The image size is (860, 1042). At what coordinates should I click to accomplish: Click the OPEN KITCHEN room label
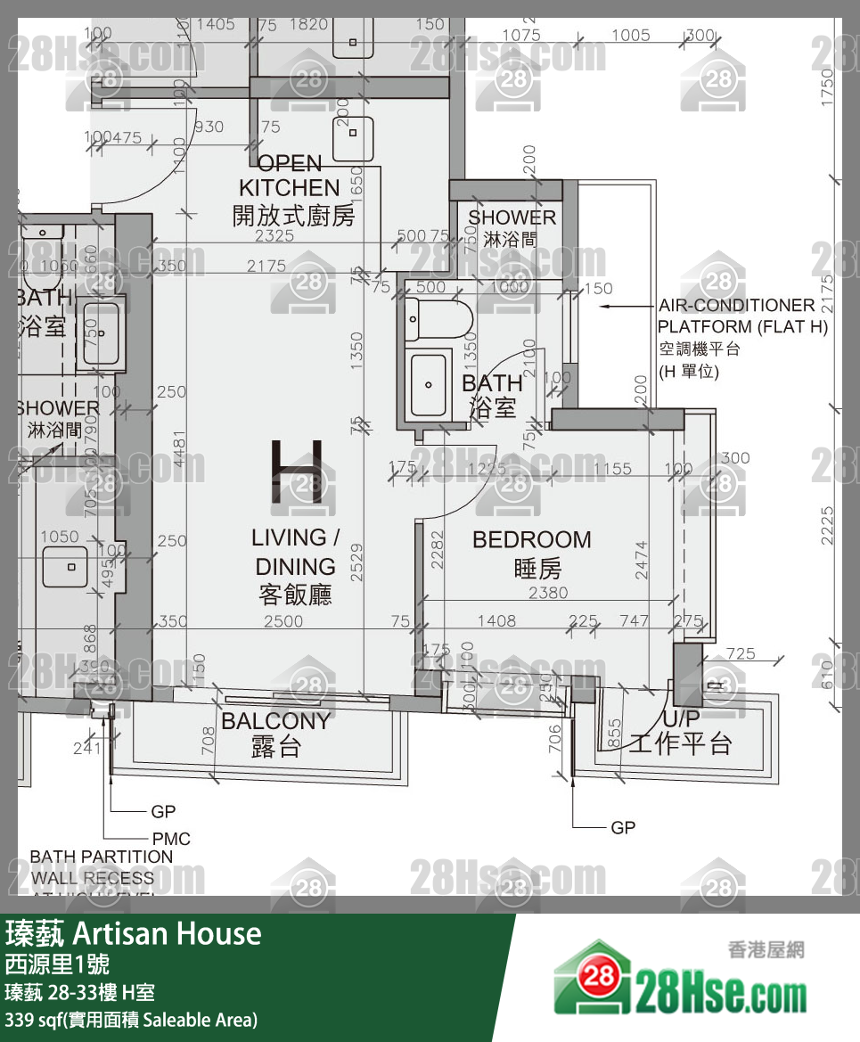click(x=289, y=189)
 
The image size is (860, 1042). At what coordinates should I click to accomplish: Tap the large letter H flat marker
click(x=297, y=472)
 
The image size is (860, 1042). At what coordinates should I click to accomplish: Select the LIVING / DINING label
click(x=295, y=565)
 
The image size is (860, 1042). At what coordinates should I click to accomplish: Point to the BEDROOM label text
click(x=531, y=553)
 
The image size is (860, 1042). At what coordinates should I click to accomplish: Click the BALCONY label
click(x=275, y=733)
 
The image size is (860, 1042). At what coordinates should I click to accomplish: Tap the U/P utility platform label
click(x=680, y=732)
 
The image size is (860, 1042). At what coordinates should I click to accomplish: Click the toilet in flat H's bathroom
click(x=438, y=317)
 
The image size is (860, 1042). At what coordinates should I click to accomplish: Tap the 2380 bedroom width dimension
click(x=547, y=593)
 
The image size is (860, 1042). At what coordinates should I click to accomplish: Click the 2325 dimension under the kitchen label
click(x=274, y=237)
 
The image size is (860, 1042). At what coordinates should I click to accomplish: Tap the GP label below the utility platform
click(x=623, y=828)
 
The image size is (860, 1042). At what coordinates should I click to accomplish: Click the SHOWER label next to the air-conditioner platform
click(x=512, y=226)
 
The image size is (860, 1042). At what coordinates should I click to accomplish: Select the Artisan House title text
click(x=134, y=933)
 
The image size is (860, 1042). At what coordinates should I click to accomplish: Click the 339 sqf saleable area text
click(x=131, y=1019)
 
